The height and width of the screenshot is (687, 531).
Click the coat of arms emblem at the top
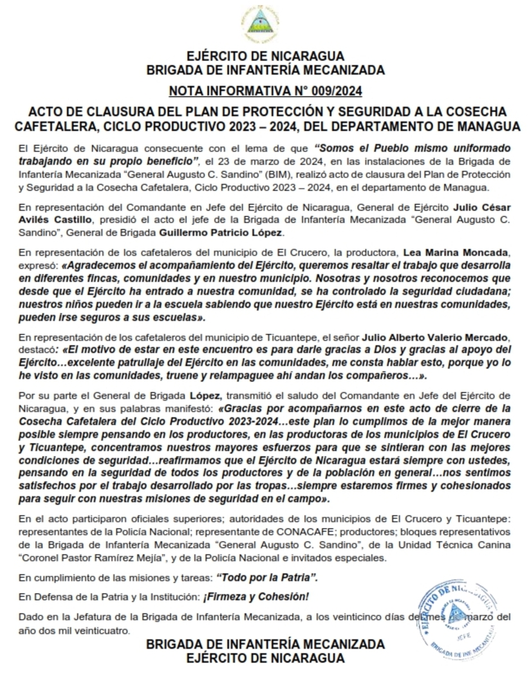pyautogui.click(x=265, y=24)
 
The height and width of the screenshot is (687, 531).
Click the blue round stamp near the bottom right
pyautogui.click(x=460, y=610)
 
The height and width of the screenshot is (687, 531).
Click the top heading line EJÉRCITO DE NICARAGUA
pyautogui.click(x=265, y=56)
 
